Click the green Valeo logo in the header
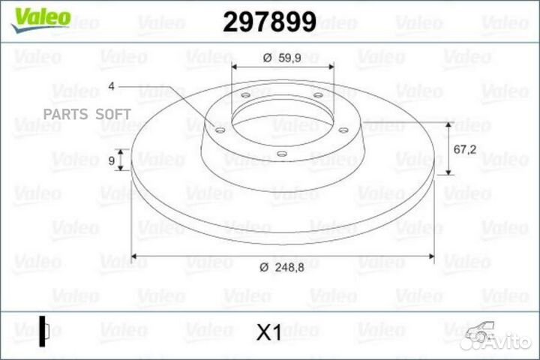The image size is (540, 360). click(41, 19)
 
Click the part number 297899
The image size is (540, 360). click(270, 21)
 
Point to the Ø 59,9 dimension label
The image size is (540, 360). click(282, 58)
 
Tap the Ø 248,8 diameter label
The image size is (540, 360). click(282, 267)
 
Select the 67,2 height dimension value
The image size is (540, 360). click(465, 149)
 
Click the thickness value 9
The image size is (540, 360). click(111, 160)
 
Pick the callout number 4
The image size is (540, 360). click(111, 85)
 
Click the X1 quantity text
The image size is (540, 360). click(269, 332)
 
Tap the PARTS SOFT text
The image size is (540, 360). click(87, 114)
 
